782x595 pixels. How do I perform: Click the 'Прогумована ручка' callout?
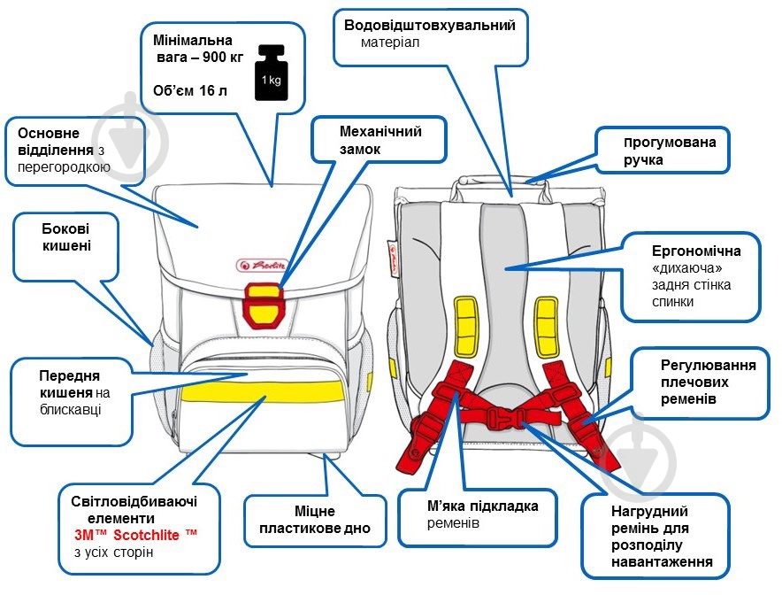point(663,151)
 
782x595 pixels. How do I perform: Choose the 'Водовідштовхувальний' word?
point(429,25)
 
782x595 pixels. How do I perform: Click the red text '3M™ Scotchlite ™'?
point(137,535)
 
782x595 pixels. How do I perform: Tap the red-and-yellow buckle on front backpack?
point(262,302)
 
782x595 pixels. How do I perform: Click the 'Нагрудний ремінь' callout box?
point(655,537)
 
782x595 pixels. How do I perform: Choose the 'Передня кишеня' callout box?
point(76,390)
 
